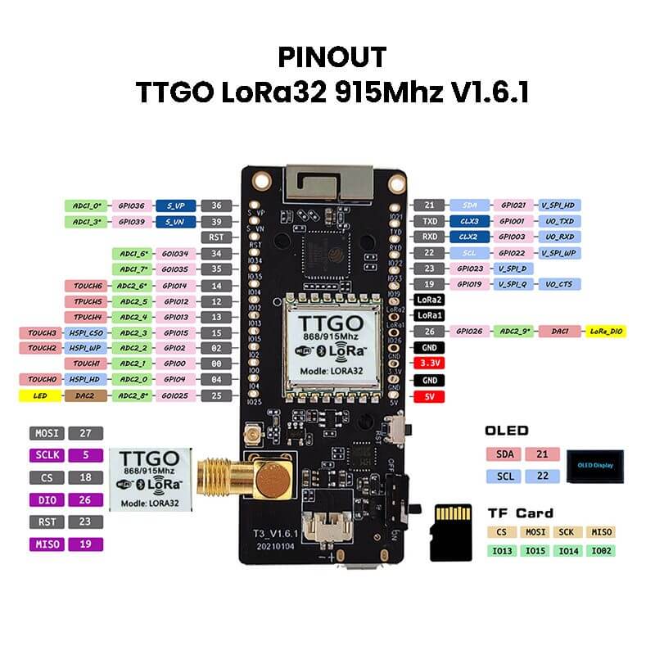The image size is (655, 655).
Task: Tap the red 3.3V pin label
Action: click(429, 361)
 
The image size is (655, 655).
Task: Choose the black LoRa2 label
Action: click(429, 300)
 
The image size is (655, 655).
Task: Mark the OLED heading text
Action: click(507, 431)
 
